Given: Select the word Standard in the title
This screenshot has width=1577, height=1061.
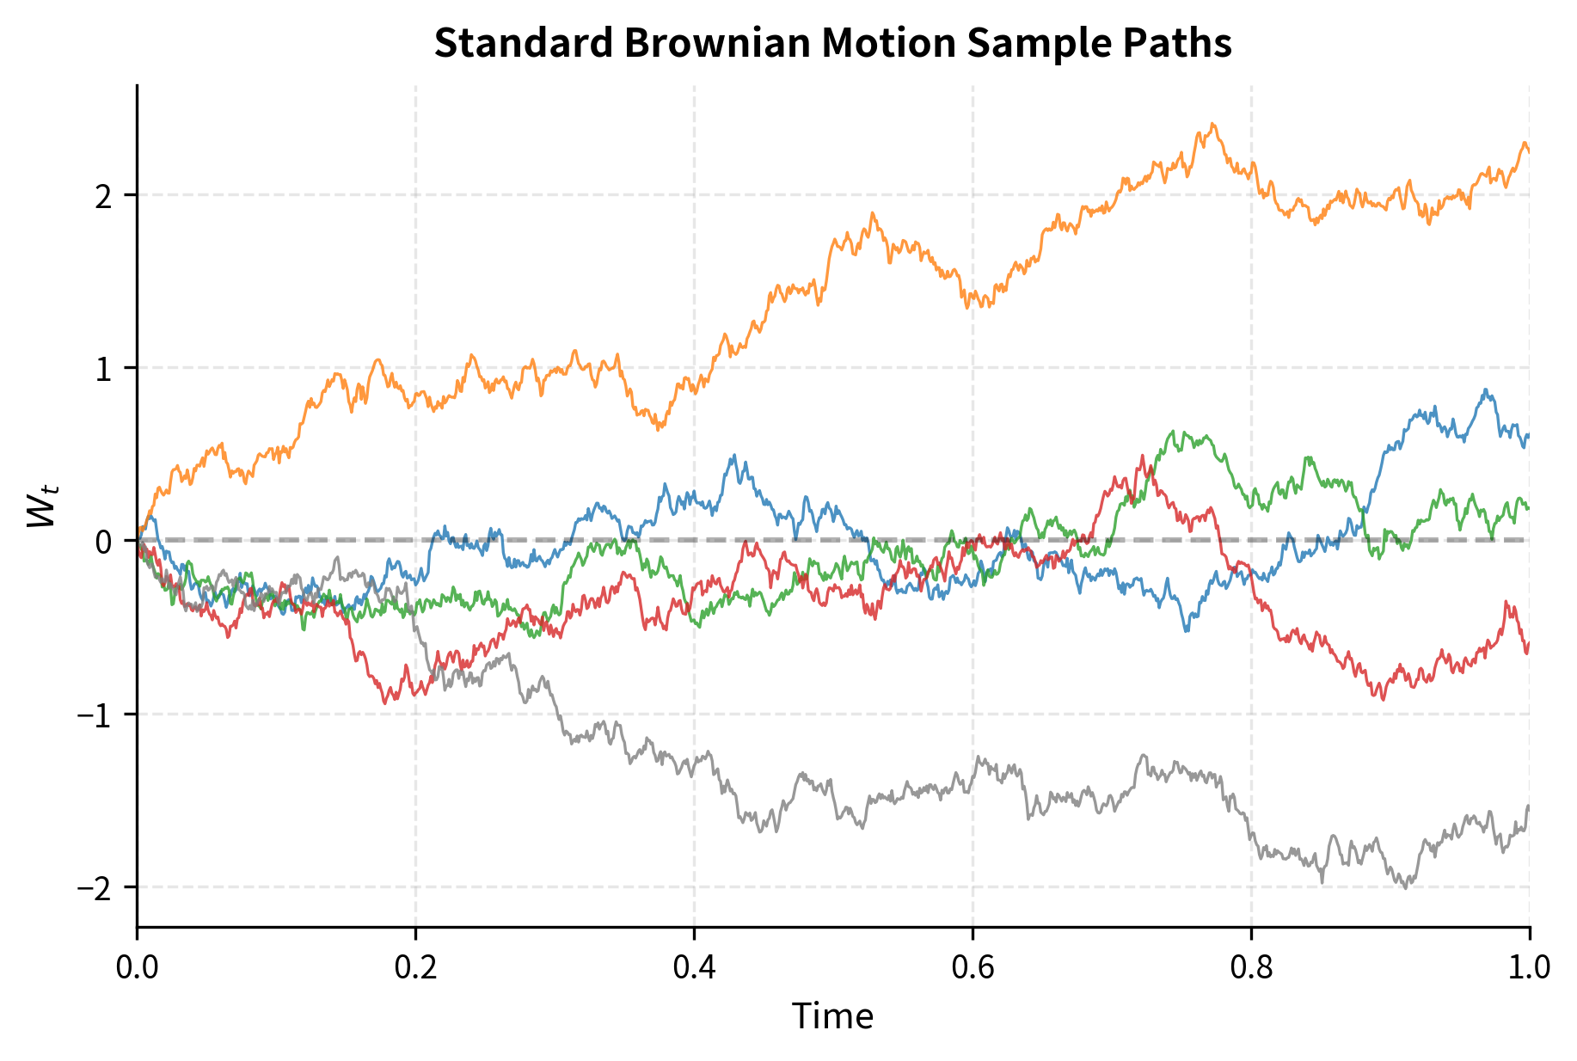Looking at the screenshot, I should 522,43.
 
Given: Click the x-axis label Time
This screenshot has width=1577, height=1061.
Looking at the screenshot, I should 832,1017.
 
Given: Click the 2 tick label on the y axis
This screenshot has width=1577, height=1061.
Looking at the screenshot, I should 104,196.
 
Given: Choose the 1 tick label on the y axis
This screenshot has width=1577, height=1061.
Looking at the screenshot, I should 104,369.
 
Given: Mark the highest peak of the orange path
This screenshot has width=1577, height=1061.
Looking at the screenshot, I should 1212,124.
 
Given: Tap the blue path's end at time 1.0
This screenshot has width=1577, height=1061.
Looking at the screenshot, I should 1528,436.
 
